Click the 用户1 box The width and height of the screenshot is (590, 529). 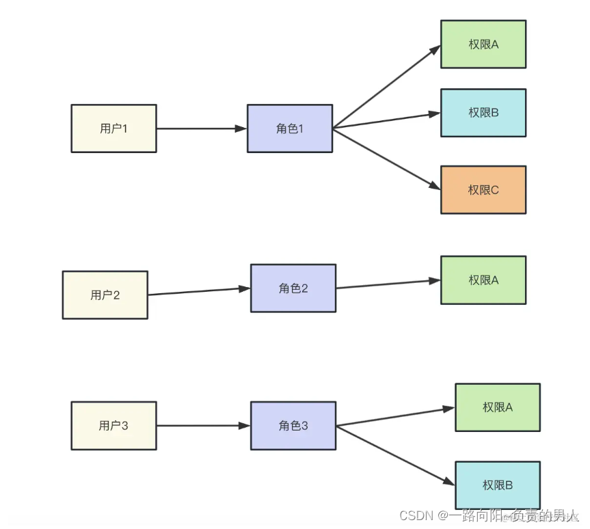pyautogui.click(x=113, y=128)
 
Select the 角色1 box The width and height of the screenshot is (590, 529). pyautogui.click(x=290, y=128)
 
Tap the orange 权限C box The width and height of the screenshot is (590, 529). pyautogui.click(x=483, y=190)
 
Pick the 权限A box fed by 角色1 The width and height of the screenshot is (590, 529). pyautogui.click(x=483, y=44)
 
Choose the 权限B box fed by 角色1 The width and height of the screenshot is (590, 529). pyautogui.click(x=483, y=113)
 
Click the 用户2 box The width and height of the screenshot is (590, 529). pyautogui.click(x=105, y=295)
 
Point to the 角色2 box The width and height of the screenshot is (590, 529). pyautogui.click(x=293, y=288)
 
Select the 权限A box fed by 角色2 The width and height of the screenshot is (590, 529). pyautogui.click(x=483, y=280)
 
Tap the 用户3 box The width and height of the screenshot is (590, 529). pyautogui.click(x=113, y=426)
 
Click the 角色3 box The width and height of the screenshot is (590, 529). pyautogui.click(x=293, y=426)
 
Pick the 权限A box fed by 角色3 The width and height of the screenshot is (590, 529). pyautogui.click(x=498, y=407)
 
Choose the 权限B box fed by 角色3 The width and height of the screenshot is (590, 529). pyautogui.click(x=498, y=485)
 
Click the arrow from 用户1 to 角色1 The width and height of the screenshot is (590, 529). pyautogui.click(x=202, y=128)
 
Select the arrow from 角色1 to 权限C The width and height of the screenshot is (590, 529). pyautogui.click(x=386, y=159)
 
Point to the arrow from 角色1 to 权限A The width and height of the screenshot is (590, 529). pyautogui.click(x=386, y=87)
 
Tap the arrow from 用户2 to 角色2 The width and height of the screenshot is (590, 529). pyautogui.click(x=199, y=291)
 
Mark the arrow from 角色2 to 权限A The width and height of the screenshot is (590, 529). pyautogui.click(x=388, y=284)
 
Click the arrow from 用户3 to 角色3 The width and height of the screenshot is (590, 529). pyautogui.click(x=203, y=426)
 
